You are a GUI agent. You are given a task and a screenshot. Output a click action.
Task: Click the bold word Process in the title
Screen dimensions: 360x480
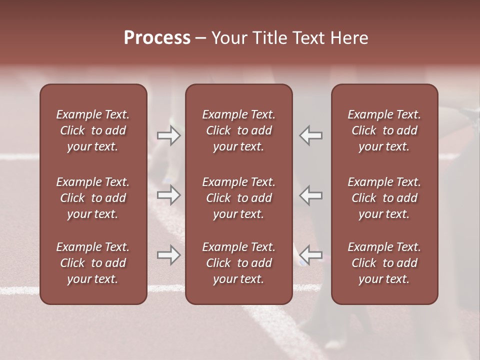[x=157, y=38]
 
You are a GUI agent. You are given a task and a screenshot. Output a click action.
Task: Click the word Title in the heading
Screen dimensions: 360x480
[x=271, y=38]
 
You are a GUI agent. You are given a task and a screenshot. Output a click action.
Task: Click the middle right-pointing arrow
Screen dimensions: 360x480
[x=169, y=195]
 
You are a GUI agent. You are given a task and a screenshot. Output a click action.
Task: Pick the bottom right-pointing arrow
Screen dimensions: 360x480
[x=169, y=255]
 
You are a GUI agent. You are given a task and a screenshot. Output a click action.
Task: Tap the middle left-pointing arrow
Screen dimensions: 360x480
[x=311, y=195]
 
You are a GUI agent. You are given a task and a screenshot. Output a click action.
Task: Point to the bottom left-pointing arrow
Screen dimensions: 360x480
[x=311, y=255]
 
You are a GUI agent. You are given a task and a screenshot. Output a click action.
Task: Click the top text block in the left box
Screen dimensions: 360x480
[x=93, y=130]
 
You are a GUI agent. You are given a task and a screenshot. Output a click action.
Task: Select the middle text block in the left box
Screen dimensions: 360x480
[x=93, y=198]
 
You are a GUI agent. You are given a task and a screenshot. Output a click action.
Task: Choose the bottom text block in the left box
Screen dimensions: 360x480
[x=93, y=263]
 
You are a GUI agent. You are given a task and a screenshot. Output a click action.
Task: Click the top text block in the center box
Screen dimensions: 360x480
[x=239, y=130]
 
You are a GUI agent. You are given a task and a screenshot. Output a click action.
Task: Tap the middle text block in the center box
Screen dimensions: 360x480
[x=239, y=198]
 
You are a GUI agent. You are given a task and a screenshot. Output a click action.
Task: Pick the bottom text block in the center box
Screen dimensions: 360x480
[x=239, y=263]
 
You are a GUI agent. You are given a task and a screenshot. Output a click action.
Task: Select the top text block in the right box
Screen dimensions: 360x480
[x=384, y=130]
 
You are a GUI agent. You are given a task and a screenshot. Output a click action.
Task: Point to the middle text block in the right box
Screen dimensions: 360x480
[x=384, y=198]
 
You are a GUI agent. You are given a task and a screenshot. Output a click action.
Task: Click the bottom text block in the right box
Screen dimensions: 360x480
[x=384, y=263]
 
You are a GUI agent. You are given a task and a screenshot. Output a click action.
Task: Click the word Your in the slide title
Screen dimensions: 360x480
[x=228, y=38]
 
